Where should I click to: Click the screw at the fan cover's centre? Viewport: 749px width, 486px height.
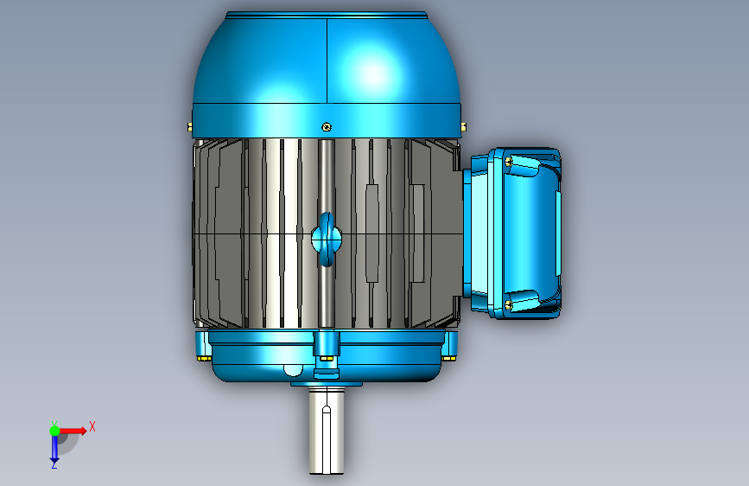[327, 127]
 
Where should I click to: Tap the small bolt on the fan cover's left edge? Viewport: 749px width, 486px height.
[190, 127]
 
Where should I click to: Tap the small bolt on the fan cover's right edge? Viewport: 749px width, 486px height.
[463, 127]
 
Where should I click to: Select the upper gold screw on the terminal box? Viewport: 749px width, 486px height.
[509, 162]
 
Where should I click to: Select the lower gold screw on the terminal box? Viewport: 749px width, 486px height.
[509, 304]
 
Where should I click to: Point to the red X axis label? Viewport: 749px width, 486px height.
[92, 426]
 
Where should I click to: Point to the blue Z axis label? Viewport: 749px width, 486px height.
[54, 464]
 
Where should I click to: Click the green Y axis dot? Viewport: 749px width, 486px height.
[55, 431]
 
